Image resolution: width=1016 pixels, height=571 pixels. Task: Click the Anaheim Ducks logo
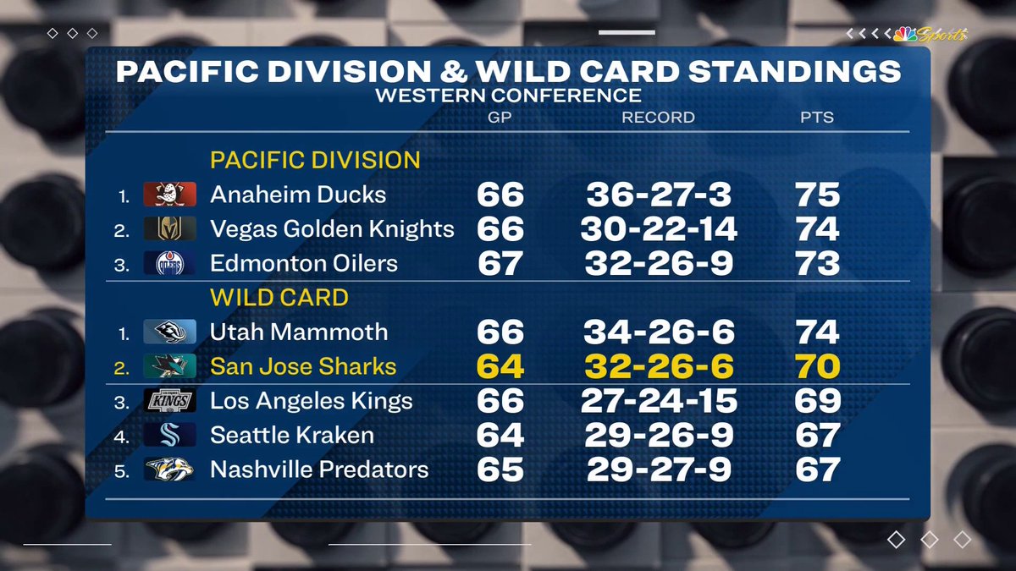[169, 195]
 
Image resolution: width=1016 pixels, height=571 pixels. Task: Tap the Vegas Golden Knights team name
[332, 229]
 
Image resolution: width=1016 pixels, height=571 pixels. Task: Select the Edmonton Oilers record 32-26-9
[658, 263]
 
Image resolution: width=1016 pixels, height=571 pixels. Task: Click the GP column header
[500, 118]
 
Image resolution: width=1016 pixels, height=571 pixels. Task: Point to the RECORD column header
[658, 118]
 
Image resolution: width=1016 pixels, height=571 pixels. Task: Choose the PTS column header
[817, 118]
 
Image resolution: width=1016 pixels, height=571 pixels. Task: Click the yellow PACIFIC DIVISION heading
[315, 160]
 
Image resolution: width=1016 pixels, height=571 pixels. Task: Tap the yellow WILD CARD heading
[279, 298]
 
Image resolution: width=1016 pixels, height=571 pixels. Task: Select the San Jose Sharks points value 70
[817, 366]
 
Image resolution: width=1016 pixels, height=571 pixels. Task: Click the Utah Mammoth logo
[169, 332]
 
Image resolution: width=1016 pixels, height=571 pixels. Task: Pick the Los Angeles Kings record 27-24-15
[658, 401]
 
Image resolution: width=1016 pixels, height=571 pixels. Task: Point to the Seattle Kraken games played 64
[500, 435]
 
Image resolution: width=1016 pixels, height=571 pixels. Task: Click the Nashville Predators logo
[169, 469]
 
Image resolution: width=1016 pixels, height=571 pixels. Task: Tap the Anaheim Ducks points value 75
[817, 195]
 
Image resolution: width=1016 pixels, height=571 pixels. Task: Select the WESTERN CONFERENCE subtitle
[508, 96]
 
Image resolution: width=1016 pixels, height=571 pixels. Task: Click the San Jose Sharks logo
[169, 366]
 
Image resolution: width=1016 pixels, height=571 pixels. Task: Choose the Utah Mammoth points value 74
[817, 332]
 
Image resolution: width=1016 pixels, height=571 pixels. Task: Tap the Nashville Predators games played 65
[500, 469]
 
